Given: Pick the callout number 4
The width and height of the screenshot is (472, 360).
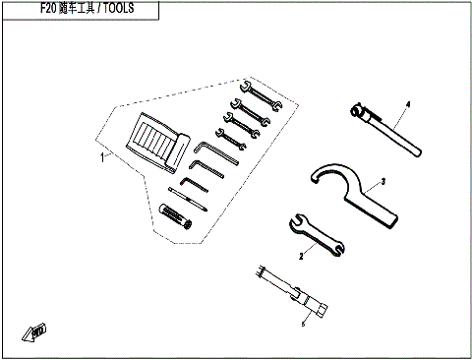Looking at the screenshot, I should pyautogui.click(x=406, y=102).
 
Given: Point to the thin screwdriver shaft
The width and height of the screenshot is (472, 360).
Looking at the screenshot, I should pyautogui.click(x=187, y=196).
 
